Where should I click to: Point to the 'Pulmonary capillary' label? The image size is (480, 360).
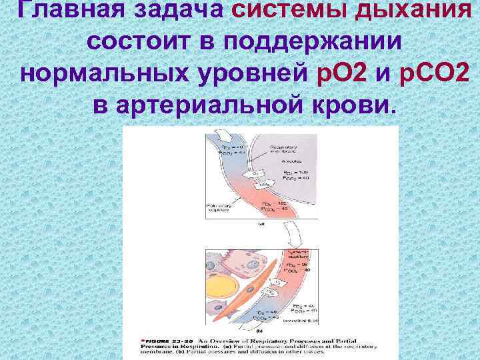pos(221,209)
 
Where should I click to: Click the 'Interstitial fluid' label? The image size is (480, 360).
pos(303,319)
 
